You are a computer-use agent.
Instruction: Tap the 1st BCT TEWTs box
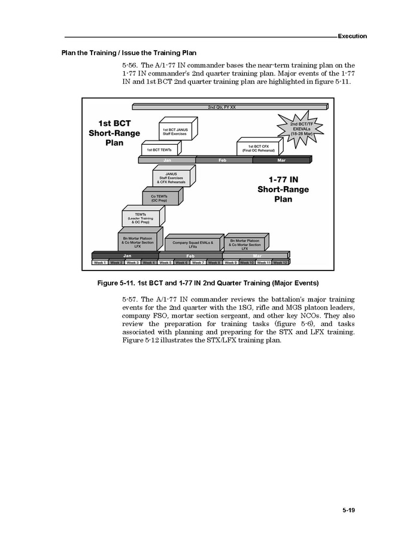click(159, 150)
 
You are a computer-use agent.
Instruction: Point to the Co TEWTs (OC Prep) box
click(159, 198)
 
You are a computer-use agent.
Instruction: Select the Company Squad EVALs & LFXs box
click(193, 245)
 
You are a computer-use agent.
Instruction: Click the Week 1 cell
click(99, 263)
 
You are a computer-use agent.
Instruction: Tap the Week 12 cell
click(280, 263)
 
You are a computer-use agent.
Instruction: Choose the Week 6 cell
click(181, 263)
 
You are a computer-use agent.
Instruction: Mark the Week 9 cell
click(231, 263)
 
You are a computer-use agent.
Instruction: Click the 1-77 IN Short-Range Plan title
click(283, 189)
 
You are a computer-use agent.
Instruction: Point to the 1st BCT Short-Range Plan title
click(114, 133)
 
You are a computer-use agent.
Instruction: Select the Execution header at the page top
click(352, 36)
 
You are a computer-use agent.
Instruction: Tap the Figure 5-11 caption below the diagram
click(208, 282)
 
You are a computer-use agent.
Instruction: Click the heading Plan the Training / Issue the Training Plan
click(129, 52)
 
